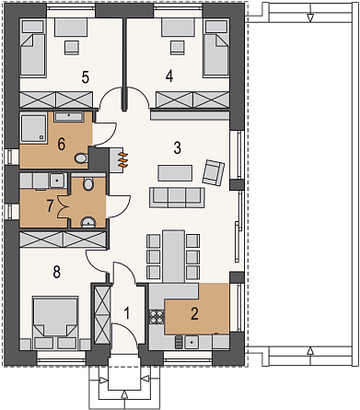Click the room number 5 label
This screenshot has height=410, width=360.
click(86, 77)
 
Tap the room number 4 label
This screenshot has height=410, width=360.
click(169, 76)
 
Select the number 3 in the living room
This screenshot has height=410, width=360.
click(178, 147)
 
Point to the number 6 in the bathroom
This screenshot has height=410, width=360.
click(62, 144)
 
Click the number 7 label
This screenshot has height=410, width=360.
click(51, 206)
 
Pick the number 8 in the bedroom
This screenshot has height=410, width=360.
click(57, 272)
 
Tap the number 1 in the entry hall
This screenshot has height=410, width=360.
click(127, 313)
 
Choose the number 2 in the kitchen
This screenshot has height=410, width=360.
click(194, 314)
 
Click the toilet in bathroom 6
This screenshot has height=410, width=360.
click(81, 158)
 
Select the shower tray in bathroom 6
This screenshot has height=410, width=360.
click(33, 128)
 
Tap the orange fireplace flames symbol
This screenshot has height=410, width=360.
click(122, 159)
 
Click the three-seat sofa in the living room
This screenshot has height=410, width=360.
click(177, 197)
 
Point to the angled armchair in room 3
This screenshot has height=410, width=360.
click(213, 172)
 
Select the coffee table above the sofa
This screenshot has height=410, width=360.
click(175, 173)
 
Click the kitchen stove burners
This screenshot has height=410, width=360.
click(157, 317)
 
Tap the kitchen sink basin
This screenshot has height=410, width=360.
click(192, 342)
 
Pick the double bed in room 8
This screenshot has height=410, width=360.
click(55, 322)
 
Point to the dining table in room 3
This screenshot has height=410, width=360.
click(174, 256)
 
